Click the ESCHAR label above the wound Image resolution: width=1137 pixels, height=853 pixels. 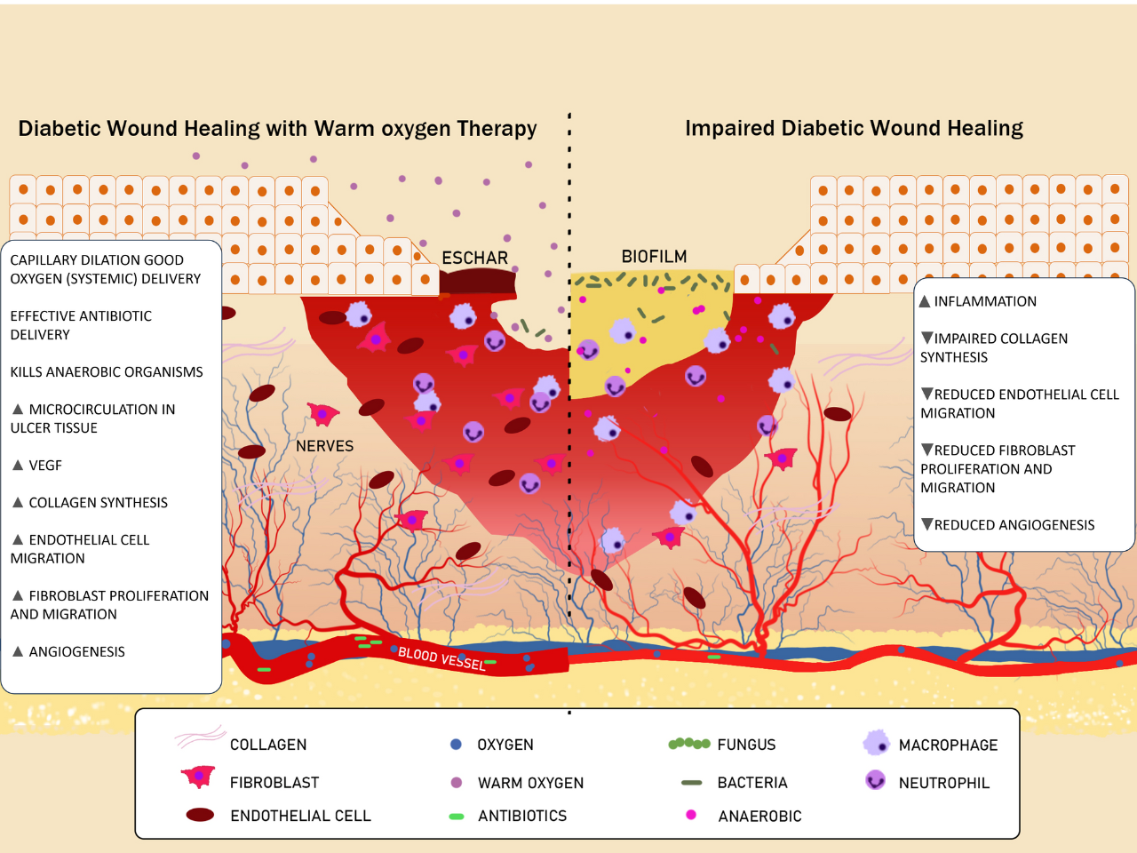point(474,258)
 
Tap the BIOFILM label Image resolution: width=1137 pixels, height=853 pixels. point(654,257)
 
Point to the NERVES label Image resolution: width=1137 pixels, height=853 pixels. point(324,446)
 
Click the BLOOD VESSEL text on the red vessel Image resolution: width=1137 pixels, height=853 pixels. point(441,658)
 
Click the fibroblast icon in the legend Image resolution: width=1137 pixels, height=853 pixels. point(198,777)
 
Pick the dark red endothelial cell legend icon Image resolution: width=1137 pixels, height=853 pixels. point(200,815)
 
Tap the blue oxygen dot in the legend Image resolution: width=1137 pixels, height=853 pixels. point(457,745)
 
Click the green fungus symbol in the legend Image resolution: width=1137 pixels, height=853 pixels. point(689,744)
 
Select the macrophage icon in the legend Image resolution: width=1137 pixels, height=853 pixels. point(876,743)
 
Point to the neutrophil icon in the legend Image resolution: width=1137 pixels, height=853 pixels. point(876,781)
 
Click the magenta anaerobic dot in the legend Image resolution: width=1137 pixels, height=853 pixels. point(691,815)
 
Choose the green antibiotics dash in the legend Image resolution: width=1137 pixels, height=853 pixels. point(457,816)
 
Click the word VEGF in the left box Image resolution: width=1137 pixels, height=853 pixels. point(45,466)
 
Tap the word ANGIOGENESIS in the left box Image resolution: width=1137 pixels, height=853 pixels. point(76,652)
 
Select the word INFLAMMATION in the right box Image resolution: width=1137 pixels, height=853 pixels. point(985,302)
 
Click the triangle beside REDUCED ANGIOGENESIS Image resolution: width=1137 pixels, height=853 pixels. point(927,524)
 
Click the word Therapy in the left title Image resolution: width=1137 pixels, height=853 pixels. point(497,129)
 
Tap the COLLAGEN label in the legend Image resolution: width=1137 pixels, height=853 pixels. point(268,745)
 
